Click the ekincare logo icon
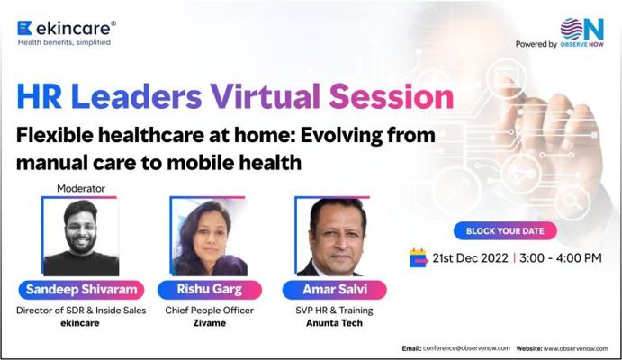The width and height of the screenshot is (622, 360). point(24,28)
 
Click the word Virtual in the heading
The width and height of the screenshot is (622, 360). point(265,96)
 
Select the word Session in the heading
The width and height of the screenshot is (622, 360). point(392,96)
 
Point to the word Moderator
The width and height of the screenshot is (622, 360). point(81,188)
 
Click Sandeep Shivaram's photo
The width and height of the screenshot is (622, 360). point(80,237)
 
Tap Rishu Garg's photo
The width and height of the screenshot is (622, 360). point(208,237)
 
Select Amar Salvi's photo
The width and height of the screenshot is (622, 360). point(332,237)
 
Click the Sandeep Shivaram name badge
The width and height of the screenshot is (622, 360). point(81,290)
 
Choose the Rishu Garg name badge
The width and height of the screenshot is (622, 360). point(210,290)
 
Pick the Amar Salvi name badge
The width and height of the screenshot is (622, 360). point(335,290)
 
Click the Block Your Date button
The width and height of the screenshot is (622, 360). point(505,230)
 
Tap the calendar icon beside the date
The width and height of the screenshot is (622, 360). point(419,257)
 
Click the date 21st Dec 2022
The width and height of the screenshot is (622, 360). point(470,258)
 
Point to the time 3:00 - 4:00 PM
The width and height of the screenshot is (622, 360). point(561,258)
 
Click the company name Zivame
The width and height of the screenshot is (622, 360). point(210,323)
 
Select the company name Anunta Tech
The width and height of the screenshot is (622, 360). point(334,323)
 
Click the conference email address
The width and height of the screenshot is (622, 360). point(466,348)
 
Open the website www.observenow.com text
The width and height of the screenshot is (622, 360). point(575,348)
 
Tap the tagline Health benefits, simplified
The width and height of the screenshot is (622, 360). point(64,42)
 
